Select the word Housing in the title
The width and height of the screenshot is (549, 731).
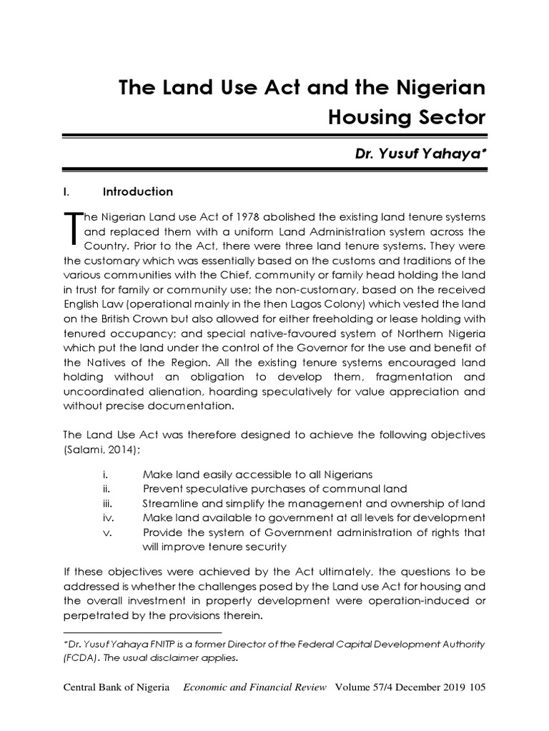[x=367, y=116]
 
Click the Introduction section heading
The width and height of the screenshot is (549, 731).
[x=138, y=192]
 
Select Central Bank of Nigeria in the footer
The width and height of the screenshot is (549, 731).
[x=117, y=687]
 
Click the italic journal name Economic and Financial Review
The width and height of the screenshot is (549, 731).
[x=255, y=687]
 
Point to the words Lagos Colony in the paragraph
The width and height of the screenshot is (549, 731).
[x=280, y=303]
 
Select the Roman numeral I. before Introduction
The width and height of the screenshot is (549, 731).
[x=66, y=192]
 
